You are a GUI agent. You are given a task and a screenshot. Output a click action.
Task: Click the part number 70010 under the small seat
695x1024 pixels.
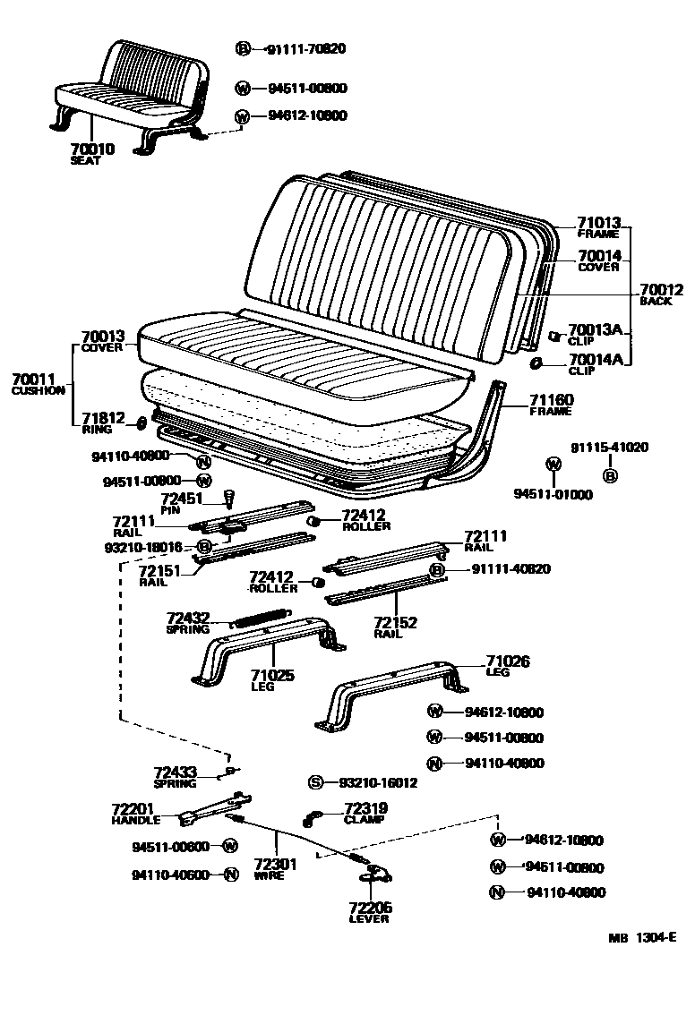coord(92,149)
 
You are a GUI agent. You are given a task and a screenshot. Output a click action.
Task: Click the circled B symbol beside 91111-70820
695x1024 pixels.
coord(243,49)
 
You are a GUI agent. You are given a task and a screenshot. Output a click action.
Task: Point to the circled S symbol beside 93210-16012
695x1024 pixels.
coord(315,782)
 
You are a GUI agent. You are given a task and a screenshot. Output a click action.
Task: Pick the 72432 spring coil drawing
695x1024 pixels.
coord(261,617)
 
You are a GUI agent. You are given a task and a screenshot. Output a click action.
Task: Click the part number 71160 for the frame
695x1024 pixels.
coord(551,399)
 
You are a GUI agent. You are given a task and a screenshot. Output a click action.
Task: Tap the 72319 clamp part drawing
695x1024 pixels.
coord(311,816)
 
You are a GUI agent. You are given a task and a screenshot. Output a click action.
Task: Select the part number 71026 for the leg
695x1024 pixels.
coord(508,661)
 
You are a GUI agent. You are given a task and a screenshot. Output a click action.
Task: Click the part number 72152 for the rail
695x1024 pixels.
coord(395,622)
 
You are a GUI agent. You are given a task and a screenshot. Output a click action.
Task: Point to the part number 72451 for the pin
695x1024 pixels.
coord(182,499)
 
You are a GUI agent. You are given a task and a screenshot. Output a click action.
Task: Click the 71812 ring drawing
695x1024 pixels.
coord(142,422)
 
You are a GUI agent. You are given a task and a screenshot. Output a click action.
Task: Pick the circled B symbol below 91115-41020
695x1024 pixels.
coord(610,475)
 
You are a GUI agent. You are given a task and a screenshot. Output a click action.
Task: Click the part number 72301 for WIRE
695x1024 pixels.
coord(275,865)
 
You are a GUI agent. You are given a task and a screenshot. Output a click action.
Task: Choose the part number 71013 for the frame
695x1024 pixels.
coord(598,223)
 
